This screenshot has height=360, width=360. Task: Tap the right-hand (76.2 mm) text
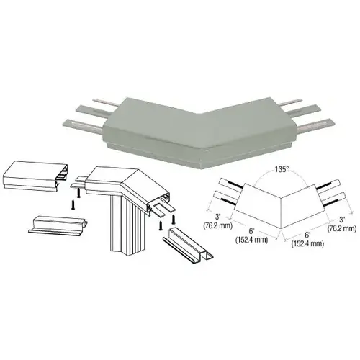pyautogui.click(x=343, y=228)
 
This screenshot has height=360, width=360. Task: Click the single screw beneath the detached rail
pyautogui.click(x=73, y=203)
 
